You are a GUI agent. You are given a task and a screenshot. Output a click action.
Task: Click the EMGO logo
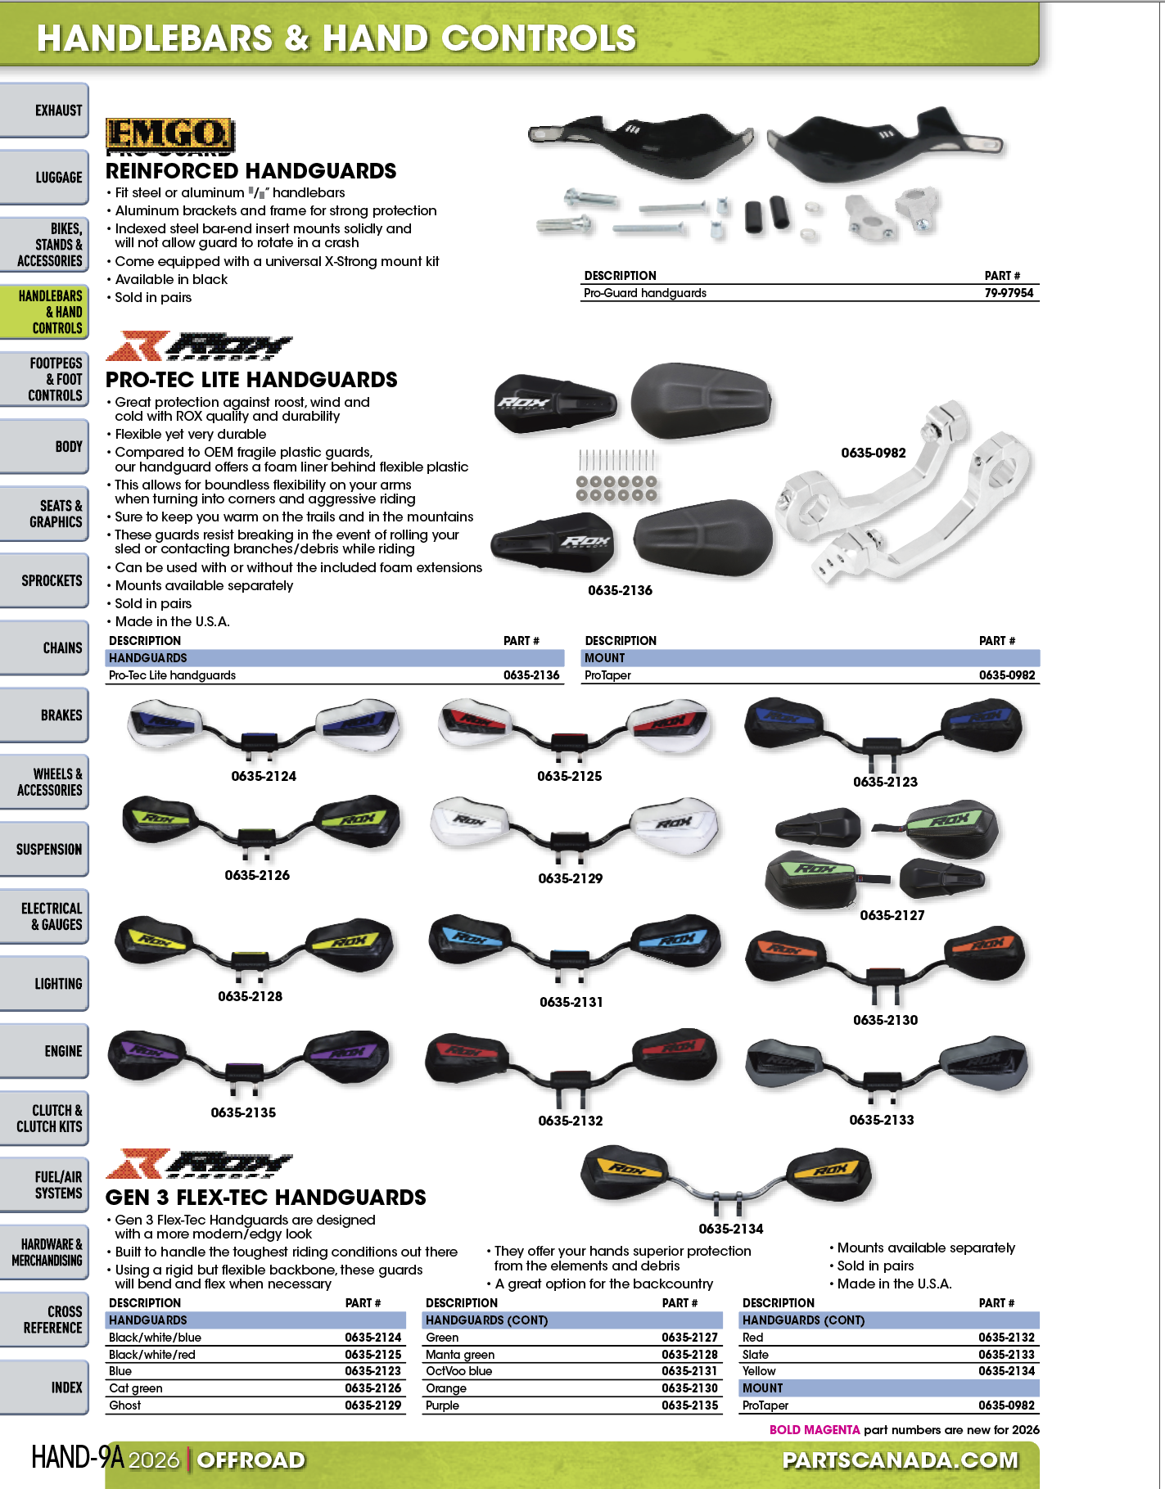pos(169,134)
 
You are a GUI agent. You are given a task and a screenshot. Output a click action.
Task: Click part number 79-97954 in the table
pos(1009,293)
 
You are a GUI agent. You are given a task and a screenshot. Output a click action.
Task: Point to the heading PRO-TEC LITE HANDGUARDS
pos(251,380)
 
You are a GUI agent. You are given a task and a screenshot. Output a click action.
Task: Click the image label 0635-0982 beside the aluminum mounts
pos(874,453)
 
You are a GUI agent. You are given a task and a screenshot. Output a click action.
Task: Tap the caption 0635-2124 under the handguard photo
pos(264,776)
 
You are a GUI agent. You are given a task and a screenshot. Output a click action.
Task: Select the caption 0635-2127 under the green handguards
pos(892,915)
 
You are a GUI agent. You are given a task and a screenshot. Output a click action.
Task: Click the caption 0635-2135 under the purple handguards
pos(243,1112)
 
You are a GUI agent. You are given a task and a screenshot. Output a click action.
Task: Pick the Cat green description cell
pos(136,1388)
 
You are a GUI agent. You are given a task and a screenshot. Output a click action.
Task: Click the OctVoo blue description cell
pos(458,1371)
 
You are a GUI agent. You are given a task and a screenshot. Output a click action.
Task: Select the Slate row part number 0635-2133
pos(1006,1355)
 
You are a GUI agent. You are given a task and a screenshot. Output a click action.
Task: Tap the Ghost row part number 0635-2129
pos(373,1406)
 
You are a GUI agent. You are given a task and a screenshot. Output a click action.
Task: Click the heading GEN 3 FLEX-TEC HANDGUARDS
pos(265,1198)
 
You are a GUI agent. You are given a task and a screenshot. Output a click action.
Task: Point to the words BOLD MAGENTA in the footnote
pos(814,1430)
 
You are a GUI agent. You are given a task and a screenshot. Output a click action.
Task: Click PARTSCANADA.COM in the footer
pos(901,1460)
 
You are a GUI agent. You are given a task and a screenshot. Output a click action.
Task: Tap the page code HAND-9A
pos(78,1457)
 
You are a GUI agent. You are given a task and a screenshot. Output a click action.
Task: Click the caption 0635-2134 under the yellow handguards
pos(730,1229)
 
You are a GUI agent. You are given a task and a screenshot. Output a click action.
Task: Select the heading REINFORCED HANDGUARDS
pos(251,171)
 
